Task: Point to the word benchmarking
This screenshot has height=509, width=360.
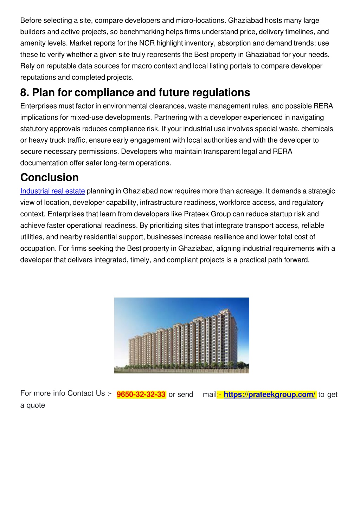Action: (x=142, y=32)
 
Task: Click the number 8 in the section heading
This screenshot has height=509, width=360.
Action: (x=24, y=92)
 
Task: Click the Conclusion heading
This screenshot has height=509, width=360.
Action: (x=50, y=177)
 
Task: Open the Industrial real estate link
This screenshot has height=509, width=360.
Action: (x=52, y=191)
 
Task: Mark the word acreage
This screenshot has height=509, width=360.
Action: (x=249, y=191)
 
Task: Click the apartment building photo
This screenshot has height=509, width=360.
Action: (x=181, y=335)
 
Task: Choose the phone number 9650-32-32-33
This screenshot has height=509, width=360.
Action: (x=141, y=394)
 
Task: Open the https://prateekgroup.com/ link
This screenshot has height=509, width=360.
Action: (x=270, y=394)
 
